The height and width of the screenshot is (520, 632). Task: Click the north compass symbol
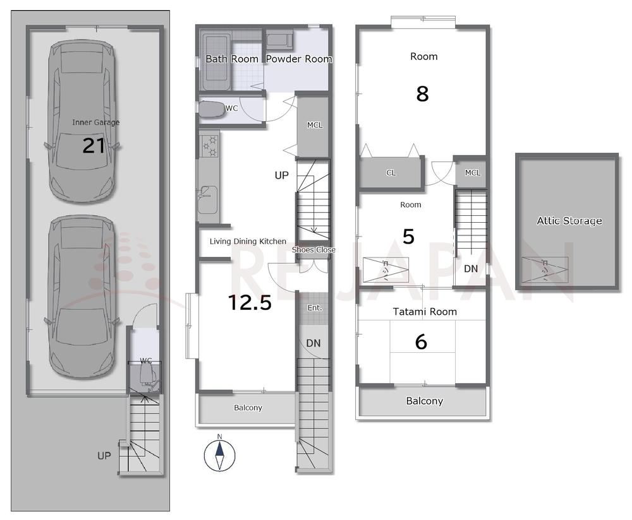coord(219,455)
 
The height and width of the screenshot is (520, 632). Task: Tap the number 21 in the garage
coord(94,146)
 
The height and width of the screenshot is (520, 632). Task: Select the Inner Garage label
coord(96,122)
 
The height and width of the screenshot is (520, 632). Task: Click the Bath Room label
coord(232,59)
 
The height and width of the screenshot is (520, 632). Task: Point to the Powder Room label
coord(299,59)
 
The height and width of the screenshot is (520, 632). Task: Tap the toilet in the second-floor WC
coord(212,109)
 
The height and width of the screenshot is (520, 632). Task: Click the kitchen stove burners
coord(210,146)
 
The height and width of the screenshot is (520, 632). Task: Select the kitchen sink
coord(208,199)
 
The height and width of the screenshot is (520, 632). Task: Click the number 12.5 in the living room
coord(250,303)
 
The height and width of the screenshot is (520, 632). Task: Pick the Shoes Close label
coord(313,250)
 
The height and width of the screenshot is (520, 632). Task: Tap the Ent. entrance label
coord(315,308)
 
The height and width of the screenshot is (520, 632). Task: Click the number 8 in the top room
coord(422,94)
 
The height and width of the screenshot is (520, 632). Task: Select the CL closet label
coord(391,173)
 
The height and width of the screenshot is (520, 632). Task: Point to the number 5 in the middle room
coord(409,237)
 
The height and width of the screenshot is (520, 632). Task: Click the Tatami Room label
coord(425,312)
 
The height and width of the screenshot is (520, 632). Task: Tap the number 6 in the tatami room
coord(421,342)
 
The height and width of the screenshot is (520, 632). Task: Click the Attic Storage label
coord(569,221)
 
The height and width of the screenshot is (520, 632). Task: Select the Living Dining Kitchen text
coord(248,242)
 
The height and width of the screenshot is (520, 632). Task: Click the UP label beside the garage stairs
coord(104,456)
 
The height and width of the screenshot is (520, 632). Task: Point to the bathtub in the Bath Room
coord(216,62)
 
